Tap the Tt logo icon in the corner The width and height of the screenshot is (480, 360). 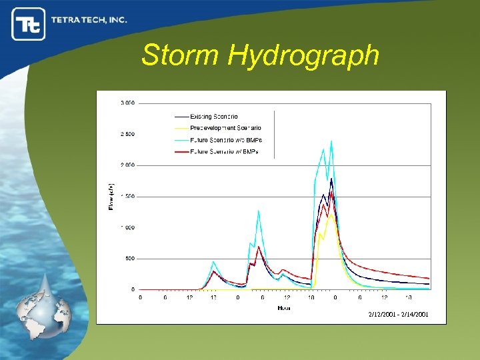[x=28, y=24]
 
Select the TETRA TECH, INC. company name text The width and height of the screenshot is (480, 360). [x=89, y=20]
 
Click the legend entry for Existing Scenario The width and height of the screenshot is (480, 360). [x=213, y=117]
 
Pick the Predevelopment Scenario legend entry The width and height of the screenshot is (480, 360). [x=225, y=128]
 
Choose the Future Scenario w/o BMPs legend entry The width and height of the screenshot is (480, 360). [x=226, y=140]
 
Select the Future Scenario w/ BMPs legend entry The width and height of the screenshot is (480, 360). [x=224, y=152]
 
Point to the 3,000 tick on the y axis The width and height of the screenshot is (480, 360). [x=127, y=103]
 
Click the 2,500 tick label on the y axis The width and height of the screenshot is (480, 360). [x=127, y=134]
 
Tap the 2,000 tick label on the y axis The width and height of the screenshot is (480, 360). [x=127, y=165]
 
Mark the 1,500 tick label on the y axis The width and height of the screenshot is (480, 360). [x=127, y=196]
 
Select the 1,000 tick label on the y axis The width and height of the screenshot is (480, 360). [x=127, y=227]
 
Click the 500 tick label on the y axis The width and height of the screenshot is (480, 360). [x=129, y=258]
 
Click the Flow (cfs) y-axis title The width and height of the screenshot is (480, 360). [x=111, y=197]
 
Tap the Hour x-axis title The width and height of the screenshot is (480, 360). [x=284, y=307]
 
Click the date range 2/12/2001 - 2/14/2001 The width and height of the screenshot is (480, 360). [x=398, y=314]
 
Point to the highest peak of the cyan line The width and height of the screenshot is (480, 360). [x=331, y=141]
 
